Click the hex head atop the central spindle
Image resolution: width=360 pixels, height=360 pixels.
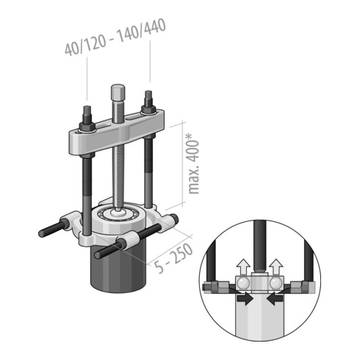pos(116,94)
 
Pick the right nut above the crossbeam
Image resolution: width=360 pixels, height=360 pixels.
pos(148,99)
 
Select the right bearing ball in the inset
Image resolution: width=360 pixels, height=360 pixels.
pos(276,283)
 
